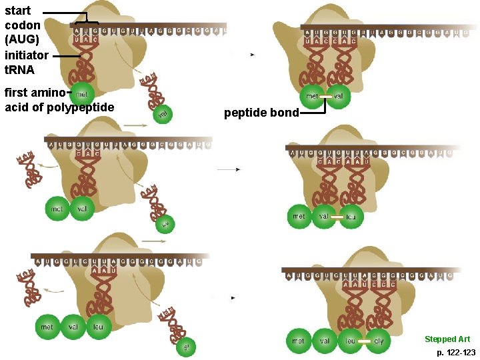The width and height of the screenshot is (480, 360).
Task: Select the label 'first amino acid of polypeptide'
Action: pos(59,99)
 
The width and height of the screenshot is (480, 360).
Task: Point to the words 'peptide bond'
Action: pos(261,113)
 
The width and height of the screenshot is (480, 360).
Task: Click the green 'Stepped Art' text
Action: pos(447,339)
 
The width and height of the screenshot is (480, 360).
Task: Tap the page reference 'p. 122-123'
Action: pos(456,351)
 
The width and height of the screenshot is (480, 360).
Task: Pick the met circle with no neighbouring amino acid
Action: pos(81,95)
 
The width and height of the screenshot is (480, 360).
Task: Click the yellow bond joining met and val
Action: pos(325,97)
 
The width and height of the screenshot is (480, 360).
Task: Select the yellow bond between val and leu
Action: pos(337,217)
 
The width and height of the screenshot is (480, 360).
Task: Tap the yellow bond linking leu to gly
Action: pos(364,341)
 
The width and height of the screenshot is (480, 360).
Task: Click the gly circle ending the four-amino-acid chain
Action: pos(378,341)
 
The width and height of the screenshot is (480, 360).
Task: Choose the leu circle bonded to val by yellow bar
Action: pos(351,217)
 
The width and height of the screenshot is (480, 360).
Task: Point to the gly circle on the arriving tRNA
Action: pos(186,347)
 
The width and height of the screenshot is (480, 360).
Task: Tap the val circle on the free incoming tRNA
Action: pos(161,115)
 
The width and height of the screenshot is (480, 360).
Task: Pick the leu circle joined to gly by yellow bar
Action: pos(350,341)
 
